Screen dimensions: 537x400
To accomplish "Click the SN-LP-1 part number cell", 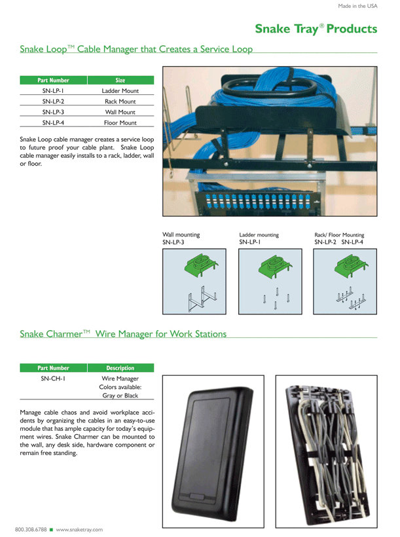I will (x=53, y=91).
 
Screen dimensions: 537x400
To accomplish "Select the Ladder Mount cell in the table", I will (x=120, y=91).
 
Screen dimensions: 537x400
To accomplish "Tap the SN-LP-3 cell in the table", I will (x=53, y=112).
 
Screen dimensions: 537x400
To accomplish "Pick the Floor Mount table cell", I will (x=120, y=122).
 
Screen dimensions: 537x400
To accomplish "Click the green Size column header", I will (x=120, y=81).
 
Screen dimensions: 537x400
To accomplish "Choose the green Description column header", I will (x=120, y=368).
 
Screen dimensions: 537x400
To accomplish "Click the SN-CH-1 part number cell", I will (x=52, y=379).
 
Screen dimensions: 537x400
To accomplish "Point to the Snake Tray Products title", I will (x=316, y=29).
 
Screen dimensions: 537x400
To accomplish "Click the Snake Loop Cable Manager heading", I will (x=136, y=49).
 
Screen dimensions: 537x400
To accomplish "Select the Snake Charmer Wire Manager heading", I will (x=123, y=334).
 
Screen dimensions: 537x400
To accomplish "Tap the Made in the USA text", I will (x=357, y=6).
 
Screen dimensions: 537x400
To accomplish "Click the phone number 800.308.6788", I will (x=31, y=528).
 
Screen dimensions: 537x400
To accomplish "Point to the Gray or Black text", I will (x=120, y=396).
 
